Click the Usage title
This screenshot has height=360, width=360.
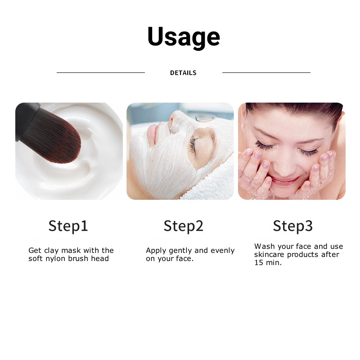coord(184,37)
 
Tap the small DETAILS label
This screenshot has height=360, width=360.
coord(183,73)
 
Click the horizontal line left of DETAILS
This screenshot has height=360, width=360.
coord(100,72)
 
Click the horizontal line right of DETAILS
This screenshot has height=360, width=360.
coord(266,72)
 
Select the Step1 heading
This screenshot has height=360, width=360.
coord(68,226)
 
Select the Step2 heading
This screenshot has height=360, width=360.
coord(183,226)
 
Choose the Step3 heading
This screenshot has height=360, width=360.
coord(292,226)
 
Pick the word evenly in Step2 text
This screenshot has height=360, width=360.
coord(223,251)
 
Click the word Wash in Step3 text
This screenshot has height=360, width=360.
coord(264,247)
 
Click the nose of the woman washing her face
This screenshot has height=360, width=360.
coord(283,163)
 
